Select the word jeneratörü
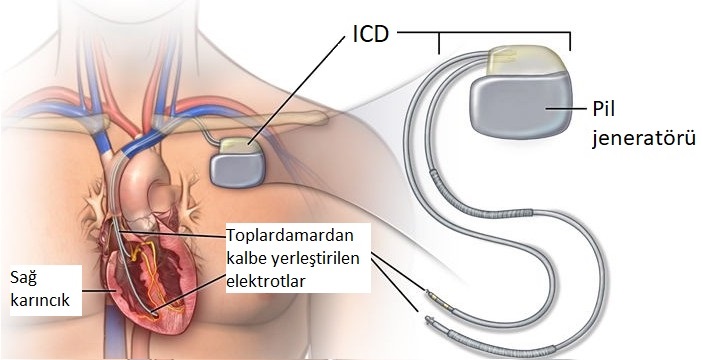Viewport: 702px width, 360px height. point(640,134)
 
